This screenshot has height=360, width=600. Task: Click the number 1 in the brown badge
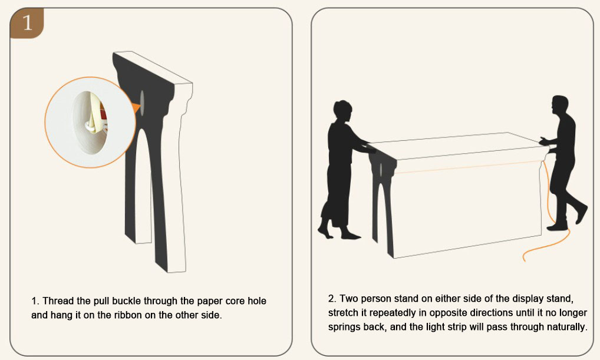pyautogui.click(x=27, y=22)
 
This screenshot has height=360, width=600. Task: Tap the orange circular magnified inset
pyautogui.click(x=90, y=123)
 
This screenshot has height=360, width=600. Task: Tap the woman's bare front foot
pyautogui.click(x=350, y=235)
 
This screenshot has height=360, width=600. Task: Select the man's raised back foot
pyautogui.click(x=581, y=214)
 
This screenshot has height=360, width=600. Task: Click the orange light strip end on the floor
pyautogui.click(x=525, y=259)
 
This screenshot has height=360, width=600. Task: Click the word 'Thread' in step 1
pyautogui.click(x=58, y=301)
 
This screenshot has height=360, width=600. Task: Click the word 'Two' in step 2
pyautogui.click(x=348, y=298)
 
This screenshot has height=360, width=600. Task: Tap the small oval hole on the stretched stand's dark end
pyautogui.click(x=381, y=170)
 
